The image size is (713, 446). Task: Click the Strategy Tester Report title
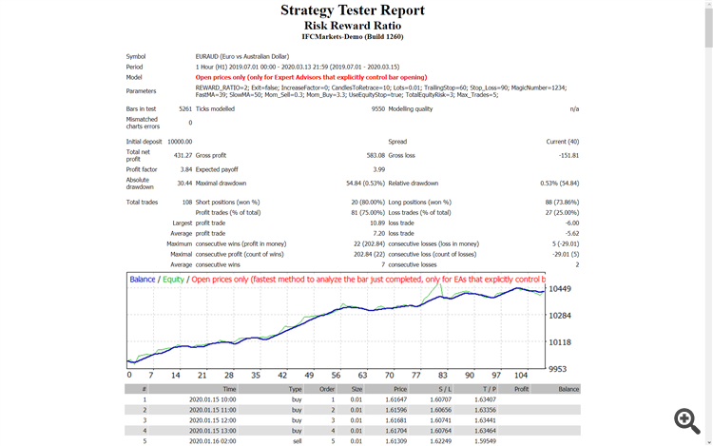pos(353,10)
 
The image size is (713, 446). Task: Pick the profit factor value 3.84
pos(184,169)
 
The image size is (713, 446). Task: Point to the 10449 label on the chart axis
pos(559,289)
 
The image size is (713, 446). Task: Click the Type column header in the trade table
pos(296,389)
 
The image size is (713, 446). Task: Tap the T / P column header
pos(489,389)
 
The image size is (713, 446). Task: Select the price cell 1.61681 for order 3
pos(397,419)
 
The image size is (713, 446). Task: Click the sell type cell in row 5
pos(296,441)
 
